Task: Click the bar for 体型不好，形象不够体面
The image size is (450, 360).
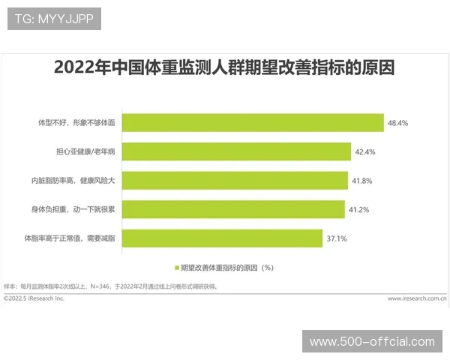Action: pyautogui.click(x=252, y=122)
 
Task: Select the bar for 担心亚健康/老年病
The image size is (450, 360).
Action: pyautogui.click(x=235, y=151)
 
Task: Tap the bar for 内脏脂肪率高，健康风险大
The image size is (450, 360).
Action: pyautogui.click(x=234, y=180)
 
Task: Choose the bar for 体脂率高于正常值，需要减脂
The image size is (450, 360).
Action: pyautogui.click(x=221, y=238)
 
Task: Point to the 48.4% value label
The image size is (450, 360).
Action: pyautogui.click(x=397, y=123)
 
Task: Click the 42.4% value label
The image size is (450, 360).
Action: pyautogui.click(x=364, y=151)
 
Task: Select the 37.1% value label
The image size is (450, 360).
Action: pyautogui.click(x=337, y=238)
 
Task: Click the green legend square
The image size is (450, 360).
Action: pyautogui.click(x=177, y=266)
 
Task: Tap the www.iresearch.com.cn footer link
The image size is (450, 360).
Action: pyautogui.click(x=418, y=298)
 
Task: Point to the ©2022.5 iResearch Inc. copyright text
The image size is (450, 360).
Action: pyautogui.click(x=34, y=298)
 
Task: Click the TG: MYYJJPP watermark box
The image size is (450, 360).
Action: pyautogui.click(x=54, y=19)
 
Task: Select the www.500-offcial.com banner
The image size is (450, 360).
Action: pyautogui.click(x=372, y=341)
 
